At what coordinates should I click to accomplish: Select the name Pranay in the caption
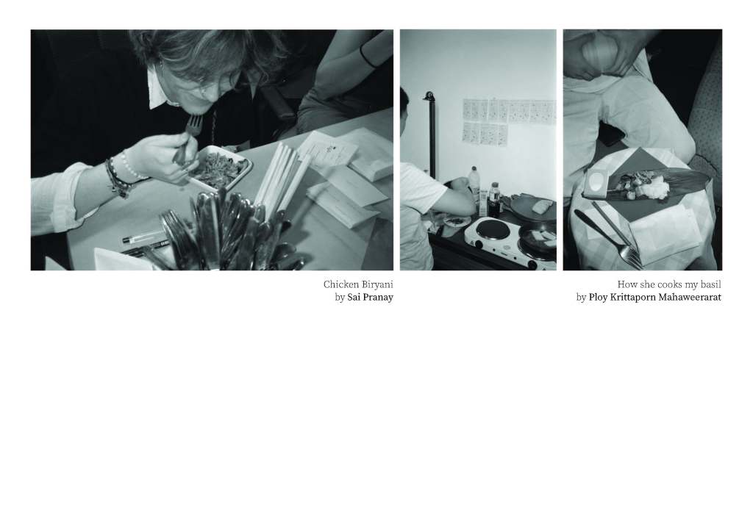[x=378, y=298]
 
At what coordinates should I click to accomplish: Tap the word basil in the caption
[x=711, y=284]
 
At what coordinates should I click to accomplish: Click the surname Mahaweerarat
[x=690, y=298]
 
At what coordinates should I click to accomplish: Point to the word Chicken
[x=340, y=284]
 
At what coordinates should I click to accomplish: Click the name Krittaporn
[x=632, y=298]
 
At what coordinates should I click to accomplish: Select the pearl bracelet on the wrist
[x=132, y=167]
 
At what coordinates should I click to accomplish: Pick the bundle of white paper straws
[x=281, y=179]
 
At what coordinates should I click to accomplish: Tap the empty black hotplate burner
[x=493, y=229]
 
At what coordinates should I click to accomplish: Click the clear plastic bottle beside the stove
[x=474, y=184]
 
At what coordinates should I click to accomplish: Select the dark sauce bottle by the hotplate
[x=495, y=198]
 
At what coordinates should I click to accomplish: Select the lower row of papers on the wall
[x=485, y=132]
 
